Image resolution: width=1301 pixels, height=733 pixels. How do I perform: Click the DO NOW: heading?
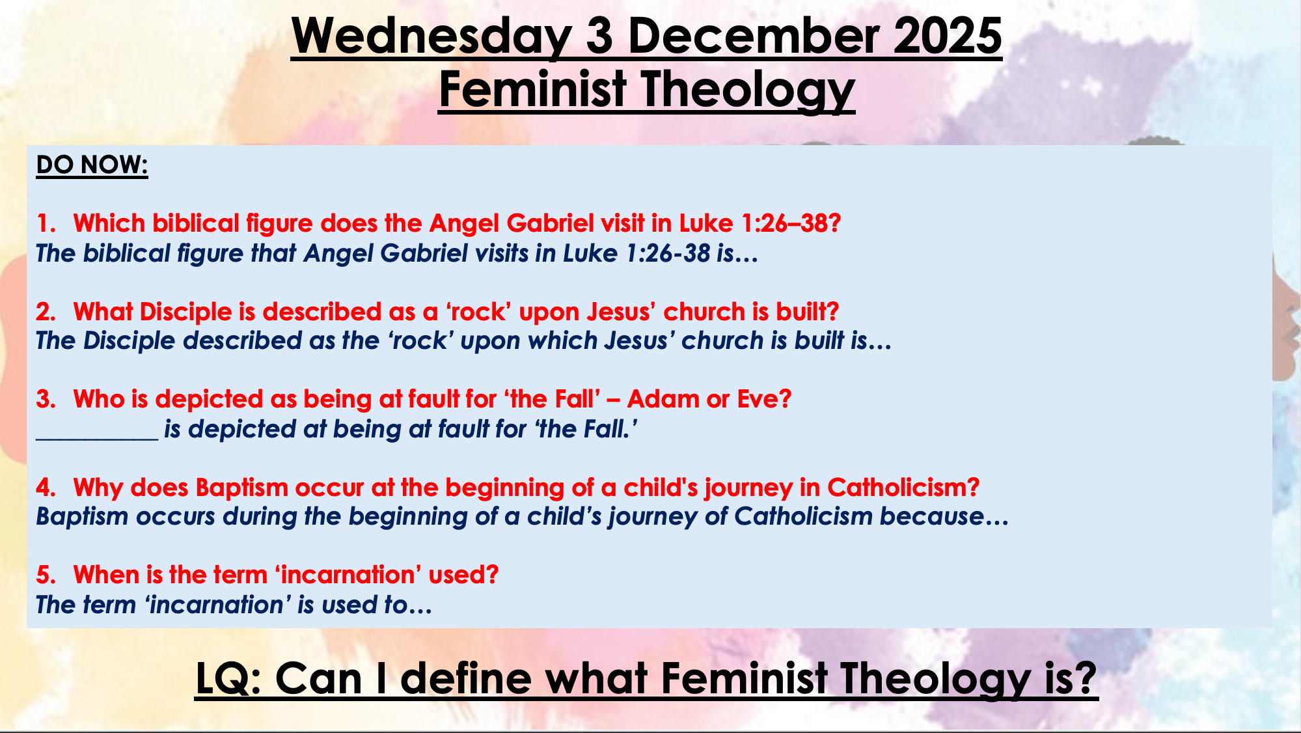[92, 165]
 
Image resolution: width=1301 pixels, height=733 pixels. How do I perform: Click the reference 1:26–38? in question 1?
[791, 223]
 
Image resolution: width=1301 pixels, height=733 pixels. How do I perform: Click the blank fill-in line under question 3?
[97, 439]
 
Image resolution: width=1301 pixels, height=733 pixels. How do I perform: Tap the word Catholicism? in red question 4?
[903, 488]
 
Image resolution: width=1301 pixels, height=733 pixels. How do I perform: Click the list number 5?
[46, 575]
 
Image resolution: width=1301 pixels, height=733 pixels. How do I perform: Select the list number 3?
[46, 399]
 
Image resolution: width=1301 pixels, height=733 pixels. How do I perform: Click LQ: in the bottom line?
[228, 678]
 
